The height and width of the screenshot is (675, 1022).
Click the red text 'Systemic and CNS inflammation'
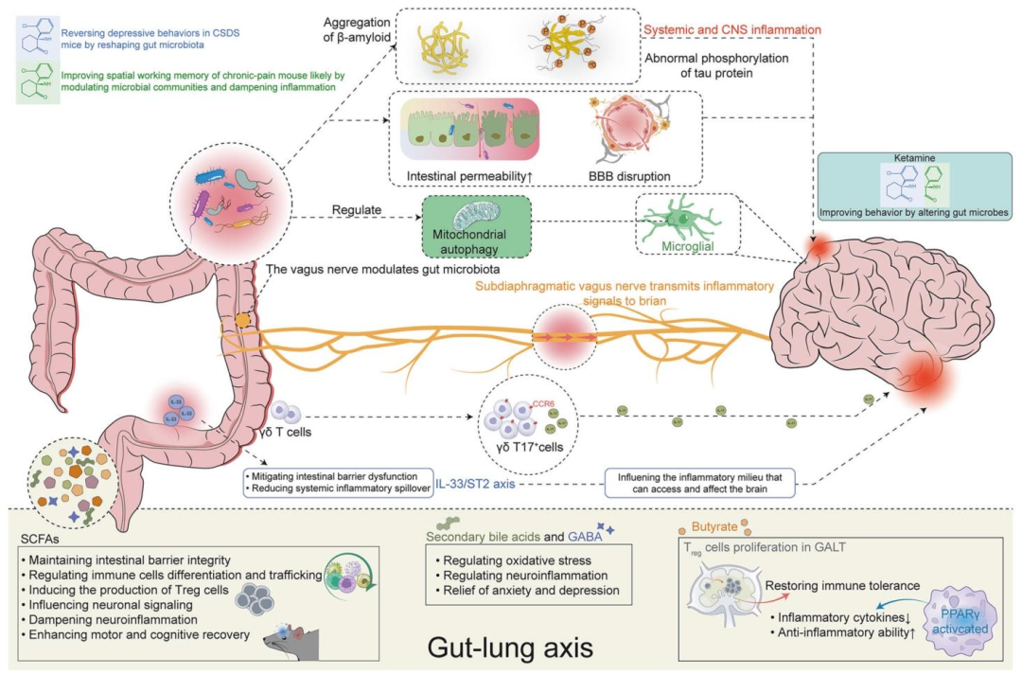[x=731, y=30]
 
